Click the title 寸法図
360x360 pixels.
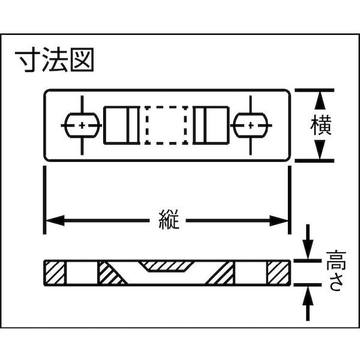(x=55, y=59)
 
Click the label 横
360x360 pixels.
(x=321, y=125)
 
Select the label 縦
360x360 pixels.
(x=169, y=220)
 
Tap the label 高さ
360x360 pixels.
(x=336, y=271)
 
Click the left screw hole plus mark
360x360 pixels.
(x=82, y=125)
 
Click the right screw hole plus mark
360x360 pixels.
(x=251, y=125)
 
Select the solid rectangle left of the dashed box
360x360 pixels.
(x=122, y=125)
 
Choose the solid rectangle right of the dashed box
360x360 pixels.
(x=211, y=125)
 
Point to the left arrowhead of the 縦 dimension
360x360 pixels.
(x=55, y=221)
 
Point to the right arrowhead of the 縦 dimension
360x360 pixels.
(x=279, y=221)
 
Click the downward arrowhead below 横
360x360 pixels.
(x=320, y=149)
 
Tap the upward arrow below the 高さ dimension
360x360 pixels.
(x=308, y=304)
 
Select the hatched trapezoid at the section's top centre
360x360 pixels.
(x=166, y=266)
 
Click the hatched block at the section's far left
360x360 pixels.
(x=55, y=273)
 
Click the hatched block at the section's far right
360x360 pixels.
(x=278, y=273)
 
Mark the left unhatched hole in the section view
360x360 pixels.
(x=82, y=273)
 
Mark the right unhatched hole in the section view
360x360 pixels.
(x=251, y=273)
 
